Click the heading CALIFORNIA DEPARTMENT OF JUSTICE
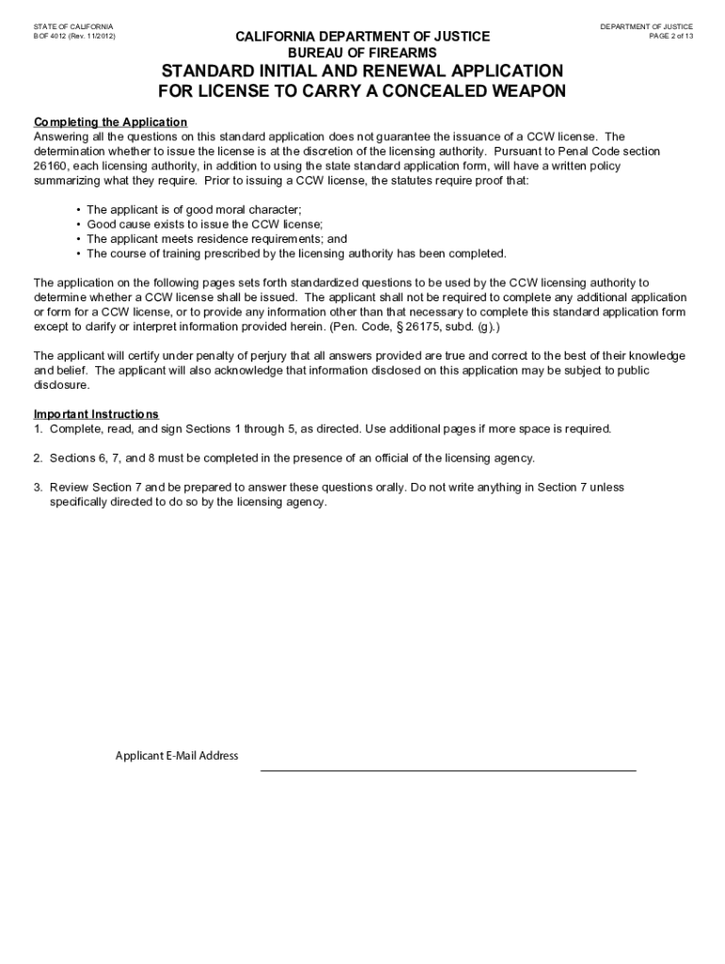click(362, 37)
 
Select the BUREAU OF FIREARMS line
click(362, 53)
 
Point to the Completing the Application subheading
click(110, 122)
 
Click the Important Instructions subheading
click(96, 414)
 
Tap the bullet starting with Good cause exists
click(204, 224)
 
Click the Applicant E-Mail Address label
click(177, 756)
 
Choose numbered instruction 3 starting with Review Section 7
click(335, 494)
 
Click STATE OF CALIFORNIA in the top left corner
click(72, 26)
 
